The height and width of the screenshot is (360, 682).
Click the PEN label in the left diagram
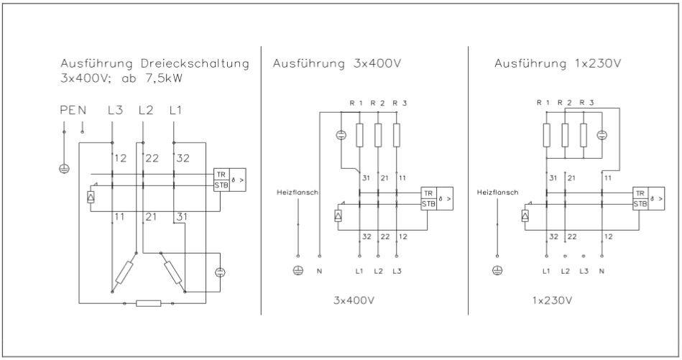coord(73,111)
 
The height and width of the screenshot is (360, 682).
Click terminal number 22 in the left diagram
coord(152,158)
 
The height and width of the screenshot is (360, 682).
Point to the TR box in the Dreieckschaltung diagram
coord(220,175)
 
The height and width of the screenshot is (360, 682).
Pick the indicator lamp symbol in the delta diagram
coord(220,271)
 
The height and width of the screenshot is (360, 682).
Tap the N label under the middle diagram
coord(319,271)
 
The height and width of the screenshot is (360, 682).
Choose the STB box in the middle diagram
coord(428,204)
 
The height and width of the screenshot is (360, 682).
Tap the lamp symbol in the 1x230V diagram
coord(602,134)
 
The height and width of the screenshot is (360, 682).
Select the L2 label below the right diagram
coord(566,271)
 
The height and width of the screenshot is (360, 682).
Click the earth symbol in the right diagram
coord(496,271)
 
